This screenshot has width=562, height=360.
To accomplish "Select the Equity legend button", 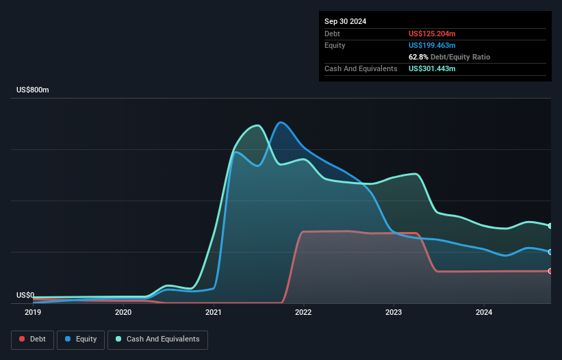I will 81,339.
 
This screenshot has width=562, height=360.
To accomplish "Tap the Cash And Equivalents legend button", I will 157,339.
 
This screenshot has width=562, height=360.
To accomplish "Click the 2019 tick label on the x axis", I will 33,313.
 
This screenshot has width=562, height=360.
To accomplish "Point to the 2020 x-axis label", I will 123,313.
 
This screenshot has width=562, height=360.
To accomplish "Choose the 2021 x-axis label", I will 214,313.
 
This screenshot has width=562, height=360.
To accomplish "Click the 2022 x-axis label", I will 303,313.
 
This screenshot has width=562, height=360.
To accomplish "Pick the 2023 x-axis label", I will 394,313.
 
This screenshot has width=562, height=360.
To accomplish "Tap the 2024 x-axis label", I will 484,313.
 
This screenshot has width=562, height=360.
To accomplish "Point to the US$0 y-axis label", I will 25,296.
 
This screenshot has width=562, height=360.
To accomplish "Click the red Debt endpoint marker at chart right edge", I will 550,271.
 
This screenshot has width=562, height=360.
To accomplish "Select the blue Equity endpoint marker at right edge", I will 550,252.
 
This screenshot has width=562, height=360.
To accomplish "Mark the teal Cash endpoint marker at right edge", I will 550,226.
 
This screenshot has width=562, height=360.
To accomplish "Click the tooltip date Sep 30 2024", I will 346,21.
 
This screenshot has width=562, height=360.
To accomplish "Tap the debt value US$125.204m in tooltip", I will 432,34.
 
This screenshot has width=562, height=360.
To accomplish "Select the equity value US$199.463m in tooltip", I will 432,45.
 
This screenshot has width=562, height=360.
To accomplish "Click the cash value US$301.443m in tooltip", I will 432,68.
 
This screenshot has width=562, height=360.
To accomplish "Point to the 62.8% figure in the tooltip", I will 418,57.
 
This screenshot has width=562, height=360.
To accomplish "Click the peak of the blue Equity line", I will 281,123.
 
